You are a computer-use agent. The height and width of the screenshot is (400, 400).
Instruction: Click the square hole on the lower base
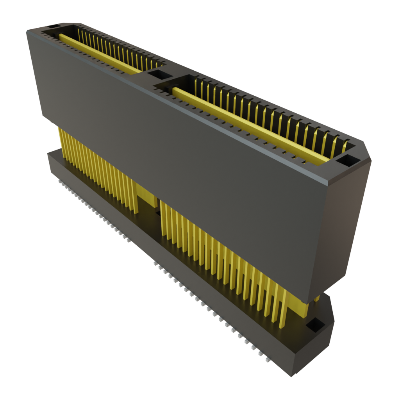pos(315,324)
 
